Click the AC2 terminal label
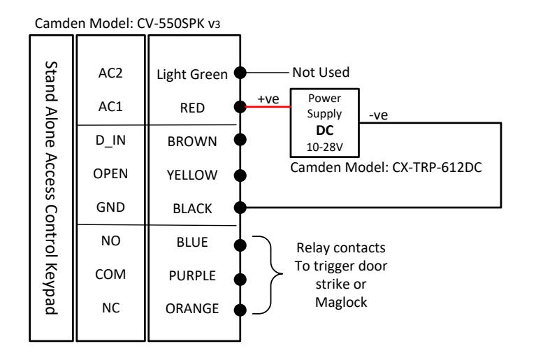tap(110, 73)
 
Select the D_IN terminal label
tap(110, 141)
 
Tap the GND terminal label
tap(110, 207)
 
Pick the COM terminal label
tap(110, 274)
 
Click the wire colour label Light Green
tap(192, 75)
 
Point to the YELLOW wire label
tap(192, 175)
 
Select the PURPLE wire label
tap(192, 275)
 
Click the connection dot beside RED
tap(240, 107)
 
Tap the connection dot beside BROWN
tap(240, 140)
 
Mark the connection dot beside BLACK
tap(240, 207)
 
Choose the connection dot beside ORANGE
tap(240, 310)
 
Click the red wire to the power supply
tap(268, 107)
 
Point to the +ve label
tap(268, 99)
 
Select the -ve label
tap(378, 115)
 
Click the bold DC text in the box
tap(324, 130)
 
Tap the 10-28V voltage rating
tap(324, 147)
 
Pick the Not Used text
tap(321, 73)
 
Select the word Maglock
tap(341, 303)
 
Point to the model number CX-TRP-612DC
tap(437, 168)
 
